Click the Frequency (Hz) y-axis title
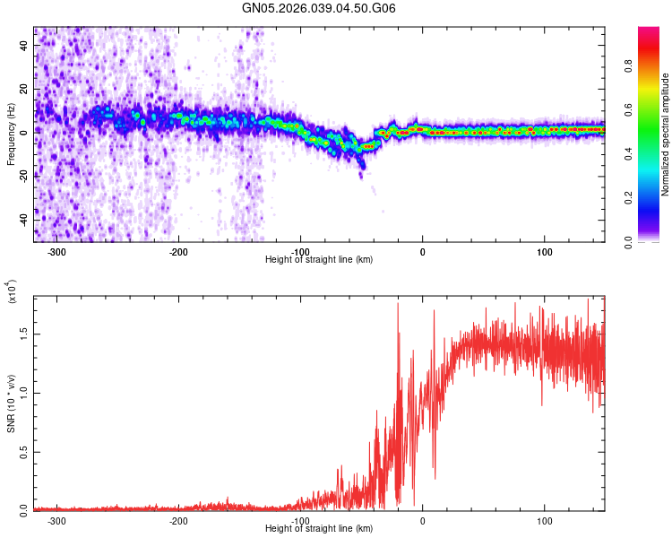click(x=11, y=134)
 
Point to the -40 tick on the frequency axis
click(x=23, y=220)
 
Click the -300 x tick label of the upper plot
click(x=56, y=251)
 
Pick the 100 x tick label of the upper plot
click(x=544, y=251)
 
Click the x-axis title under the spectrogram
click(x=319, y=259)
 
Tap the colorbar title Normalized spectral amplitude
click(x=665, y=134)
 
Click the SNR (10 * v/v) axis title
click(x=11, y=403)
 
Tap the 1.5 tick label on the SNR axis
click(x=23, y=334)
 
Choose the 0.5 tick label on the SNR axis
click(x=23, y=451)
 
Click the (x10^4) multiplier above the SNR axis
click(x=13, y=292)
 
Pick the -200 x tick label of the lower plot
click(x=178, y=520)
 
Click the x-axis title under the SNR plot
click(x=319, y=528)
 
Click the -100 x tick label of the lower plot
click(x=300, y=520)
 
